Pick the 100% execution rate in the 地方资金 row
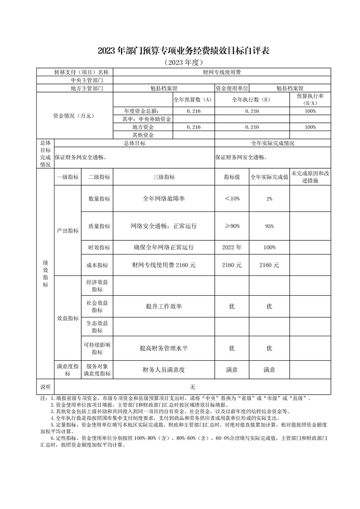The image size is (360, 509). pyautogui.click(x=310, y=127)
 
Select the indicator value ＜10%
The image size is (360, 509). pyautogui.click(x=232, y=199)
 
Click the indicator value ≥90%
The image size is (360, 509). pyautogui.click(x=232, y=226)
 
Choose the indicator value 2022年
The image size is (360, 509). pyautogui.click(x=232, y=247)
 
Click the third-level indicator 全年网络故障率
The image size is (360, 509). pyautogui.click(x=163, y=199)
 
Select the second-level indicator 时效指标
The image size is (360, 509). pyautogui.click(x=97, y=248)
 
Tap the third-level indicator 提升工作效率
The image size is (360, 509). pyautogui.click(x=163, y=307)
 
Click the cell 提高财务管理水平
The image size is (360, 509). pyautogui.click(x=163, y=348)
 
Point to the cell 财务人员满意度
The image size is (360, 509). pyautogui.click(x=163, y=370)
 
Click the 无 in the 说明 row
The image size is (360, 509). pyautogui.click(x=192, y=387)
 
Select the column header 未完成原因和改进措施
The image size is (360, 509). pyautogui.click(x=310, y=177)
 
